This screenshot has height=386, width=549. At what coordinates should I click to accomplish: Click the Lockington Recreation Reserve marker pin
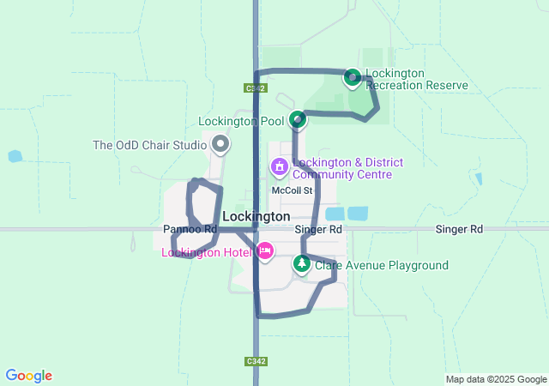(352, 78)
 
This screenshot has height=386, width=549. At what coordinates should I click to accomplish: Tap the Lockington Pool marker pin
(297, 119)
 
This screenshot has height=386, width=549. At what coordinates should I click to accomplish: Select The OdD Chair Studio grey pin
(220, 144)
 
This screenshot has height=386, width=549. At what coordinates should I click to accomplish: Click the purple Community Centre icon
(279, 166)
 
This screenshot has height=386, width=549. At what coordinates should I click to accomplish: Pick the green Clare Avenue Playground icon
(301, 264)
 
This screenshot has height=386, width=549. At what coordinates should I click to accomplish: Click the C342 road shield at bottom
(251, 361)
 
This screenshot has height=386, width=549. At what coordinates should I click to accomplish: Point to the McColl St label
(290, 190)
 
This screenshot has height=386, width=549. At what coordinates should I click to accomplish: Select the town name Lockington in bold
(256, 216)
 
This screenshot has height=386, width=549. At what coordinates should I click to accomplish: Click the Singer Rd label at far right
(459, 230)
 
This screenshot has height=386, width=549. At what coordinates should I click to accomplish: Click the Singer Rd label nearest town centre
(318, 230)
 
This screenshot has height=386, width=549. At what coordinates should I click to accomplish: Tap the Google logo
(28, 376)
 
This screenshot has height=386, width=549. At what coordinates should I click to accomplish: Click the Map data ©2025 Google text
(495, 379)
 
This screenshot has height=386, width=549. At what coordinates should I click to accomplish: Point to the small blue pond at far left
(15, 157)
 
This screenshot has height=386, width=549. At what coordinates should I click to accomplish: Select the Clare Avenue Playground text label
(382, 265)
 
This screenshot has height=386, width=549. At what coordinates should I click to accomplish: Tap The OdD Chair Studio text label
(149, 145)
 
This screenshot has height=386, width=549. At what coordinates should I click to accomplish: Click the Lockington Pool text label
(241, 121)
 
